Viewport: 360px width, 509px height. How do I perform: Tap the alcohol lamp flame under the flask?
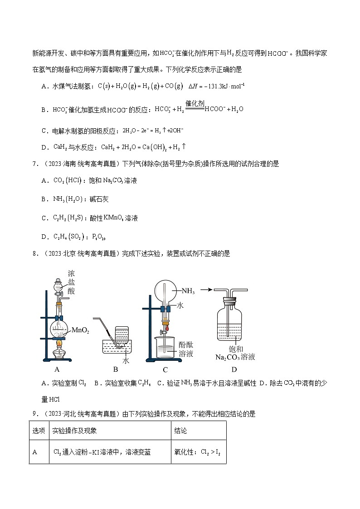pyautogui.click(x=59, y=345)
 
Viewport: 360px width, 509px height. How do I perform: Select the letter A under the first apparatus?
pyautogui.click(x=57, y=369)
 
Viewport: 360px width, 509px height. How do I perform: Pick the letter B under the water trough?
pyautogui.click(x=115, y=369)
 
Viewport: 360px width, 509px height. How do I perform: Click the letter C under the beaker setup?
pyautogui.click(x=165, y=369)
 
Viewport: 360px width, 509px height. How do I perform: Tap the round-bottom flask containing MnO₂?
pyautogui.click(x=59, y=330)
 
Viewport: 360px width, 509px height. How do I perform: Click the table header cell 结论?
pyautogui.click(x=180, y=431)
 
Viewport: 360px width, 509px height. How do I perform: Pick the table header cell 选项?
pyautogui.click(x=39, y=431)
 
